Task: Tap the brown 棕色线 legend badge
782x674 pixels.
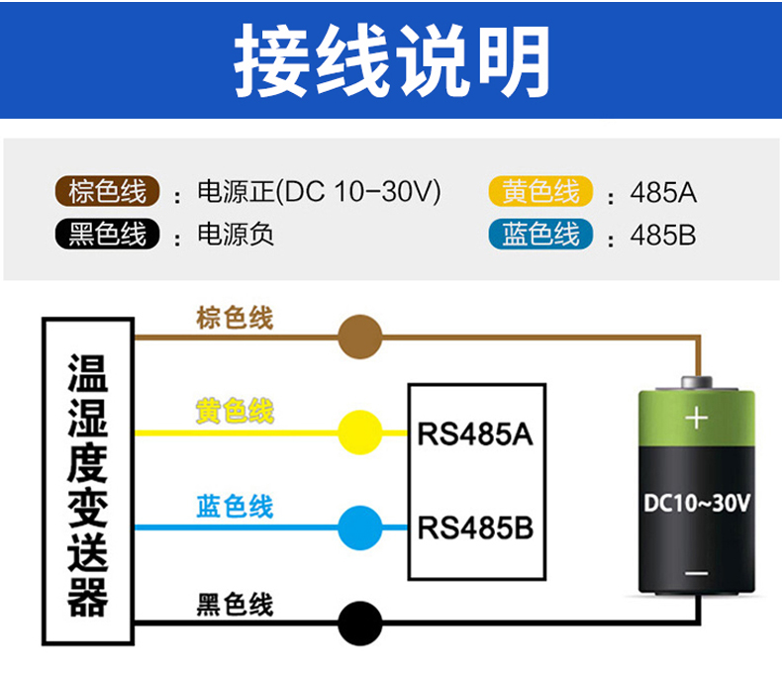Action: tap(107, 190)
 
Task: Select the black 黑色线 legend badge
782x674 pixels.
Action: tap(107, 235)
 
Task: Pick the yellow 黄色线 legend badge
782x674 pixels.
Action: tap(540, 190)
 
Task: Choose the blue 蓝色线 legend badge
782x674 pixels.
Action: tap(540, 235)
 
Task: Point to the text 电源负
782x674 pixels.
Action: tap(236, 236)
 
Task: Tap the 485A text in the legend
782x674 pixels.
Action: tap(663, 192)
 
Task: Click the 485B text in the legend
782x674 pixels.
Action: tap(663, 237)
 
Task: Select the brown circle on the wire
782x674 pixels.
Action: tap(360, 337)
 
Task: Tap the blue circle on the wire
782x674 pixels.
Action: tap(360, 528)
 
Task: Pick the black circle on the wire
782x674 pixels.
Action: tap(360, 624)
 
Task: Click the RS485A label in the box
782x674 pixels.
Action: tap(475, 434)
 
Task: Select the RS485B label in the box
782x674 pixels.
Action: tap(475, 528)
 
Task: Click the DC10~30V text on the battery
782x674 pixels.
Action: tap(697, 503)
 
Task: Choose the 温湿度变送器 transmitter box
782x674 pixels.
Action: tap(88, 482)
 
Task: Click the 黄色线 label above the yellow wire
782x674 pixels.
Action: tap(235, 410)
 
